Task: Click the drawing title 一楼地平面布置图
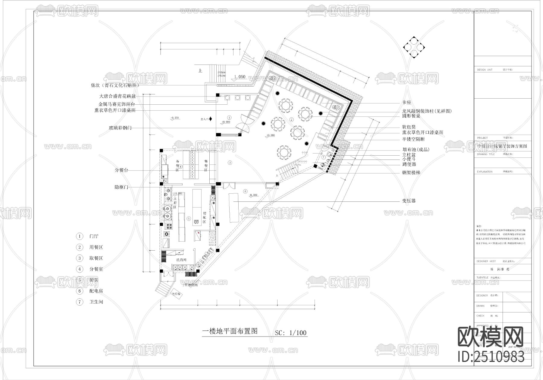[x=230, y=331]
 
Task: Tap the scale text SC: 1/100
[x=291, y=333]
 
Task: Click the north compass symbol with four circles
[x=414, y=47]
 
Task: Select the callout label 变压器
[x=409, y=201]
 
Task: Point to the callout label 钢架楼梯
[x=411, y=173]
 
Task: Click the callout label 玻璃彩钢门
[x=120, y=128]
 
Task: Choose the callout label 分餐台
[x=121, y=170]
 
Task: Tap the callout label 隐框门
[x=121, y=187]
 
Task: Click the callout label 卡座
[x=407, y=103]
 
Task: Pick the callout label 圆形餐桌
[x=411, y=116]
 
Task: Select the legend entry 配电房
[x=96, y=291]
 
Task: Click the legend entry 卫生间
[x=96, y=302]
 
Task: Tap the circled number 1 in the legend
[x=80, y=236]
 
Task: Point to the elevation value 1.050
[x=240, y=77]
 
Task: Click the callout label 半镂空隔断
[x=413, y=139]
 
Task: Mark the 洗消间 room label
[x=181, y=260]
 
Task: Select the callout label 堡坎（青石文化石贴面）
[x=115, y=85]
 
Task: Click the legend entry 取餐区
[x=96, y=258]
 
